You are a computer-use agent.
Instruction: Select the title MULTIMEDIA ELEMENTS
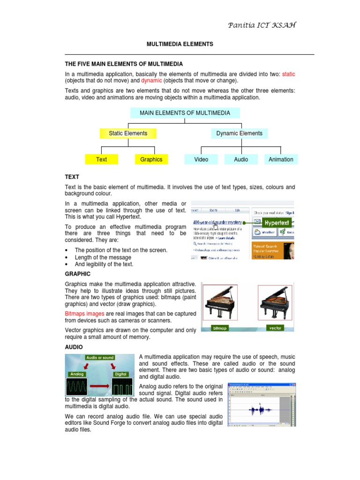180,44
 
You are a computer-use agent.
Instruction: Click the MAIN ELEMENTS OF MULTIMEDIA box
185,113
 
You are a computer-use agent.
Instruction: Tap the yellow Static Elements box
128,134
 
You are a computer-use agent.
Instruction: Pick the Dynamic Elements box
239,134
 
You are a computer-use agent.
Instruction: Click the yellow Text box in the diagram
101,159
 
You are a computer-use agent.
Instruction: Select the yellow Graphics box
151,159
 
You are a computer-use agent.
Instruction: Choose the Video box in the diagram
201,159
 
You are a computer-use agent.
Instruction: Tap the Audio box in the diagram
241,159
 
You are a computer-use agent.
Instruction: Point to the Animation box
281,159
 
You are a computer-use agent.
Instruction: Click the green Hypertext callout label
276,223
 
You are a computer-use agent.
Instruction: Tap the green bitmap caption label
219,328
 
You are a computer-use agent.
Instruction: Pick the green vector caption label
275,328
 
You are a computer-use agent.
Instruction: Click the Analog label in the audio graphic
76,375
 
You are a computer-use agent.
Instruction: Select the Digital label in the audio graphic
120,375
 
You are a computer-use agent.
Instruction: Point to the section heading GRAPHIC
77,274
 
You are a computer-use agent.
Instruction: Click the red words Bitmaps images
84,314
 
